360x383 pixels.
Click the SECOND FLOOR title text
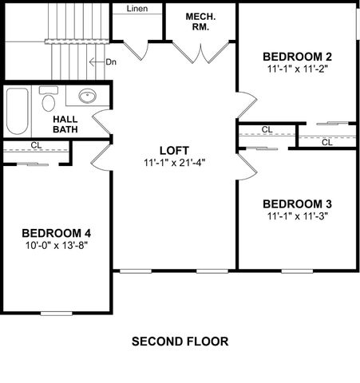pos(180,342)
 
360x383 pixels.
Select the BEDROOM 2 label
pos(296,57)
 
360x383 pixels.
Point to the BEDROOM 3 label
pos(296,203)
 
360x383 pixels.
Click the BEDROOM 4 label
pos(56,233)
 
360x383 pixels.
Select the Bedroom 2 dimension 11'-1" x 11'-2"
pos(296,69)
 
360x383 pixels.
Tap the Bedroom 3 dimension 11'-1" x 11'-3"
pos(296,215)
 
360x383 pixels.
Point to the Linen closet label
pos(137,9)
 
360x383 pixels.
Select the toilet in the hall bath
pos(49,100)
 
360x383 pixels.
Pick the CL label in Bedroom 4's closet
pos(36,145)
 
